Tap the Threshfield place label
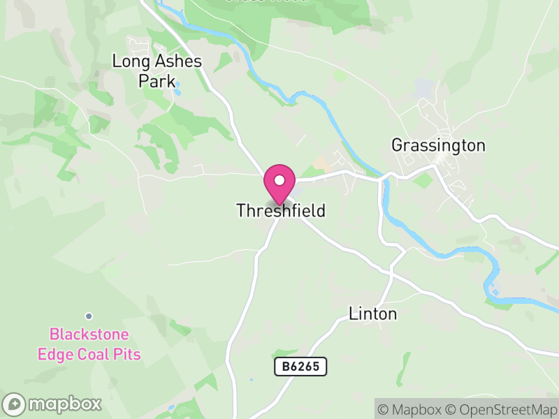(281, 210)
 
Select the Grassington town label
(438, 145)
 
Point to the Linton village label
(372, 314)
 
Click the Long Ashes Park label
(157, 71)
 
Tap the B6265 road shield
(300, 367)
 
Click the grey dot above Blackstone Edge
(89, 316)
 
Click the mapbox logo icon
(14, 404)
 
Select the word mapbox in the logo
(64, 404)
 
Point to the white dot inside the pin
(279, 179)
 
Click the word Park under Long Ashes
(157, 81)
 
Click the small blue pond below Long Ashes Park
(178, 90)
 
